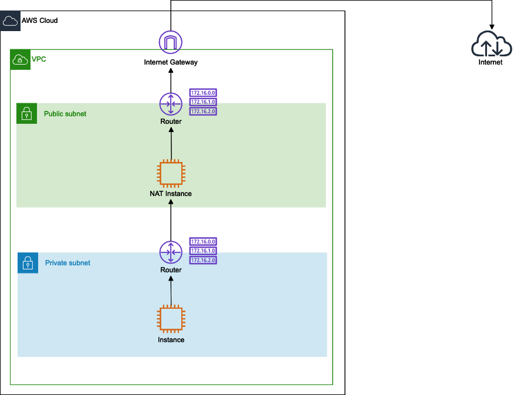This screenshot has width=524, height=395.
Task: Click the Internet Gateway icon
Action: point(171,42)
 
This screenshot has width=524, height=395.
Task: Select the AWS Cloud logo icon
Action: point(10,21)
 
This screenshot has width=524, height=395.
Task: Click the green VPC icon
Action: point(20,60)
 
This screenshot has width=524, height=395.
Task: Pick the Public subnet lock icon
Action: point(26,113)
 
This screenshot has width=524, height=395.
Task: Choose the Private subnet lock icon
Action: point(27,263)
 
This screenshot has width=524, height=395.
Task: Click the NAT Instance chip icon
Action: point(171,174)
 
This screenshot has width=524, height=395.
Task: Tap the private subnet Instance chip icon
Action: point(171,320)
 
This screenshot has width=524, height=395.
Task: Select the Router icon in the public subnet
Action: point(171,104)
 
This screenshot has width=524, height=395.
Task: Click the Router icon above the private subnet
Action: point(171,253)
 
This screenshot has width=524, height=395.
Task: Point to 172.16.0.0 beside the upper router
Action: point(203,93)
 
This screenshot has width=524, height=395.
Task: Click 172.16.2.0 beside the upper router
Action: point(203,111)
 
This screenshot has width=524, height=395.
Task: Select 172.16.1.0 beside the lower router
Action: point(203,251)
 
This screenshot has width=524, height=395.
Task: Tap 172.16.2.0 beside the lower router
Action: point(203,260)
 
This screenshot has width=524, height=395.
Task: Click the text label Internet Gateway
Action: point(171,62)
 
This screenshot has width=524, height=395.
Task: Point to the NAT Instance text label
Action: point(171,194)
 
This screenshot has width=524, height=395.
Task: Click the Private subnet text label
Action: point(67,263)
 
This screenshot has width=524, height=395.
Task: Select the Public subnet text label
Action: point(65,113)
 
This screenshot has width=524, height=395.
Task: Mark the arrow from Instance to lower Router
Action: point(171,291)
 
